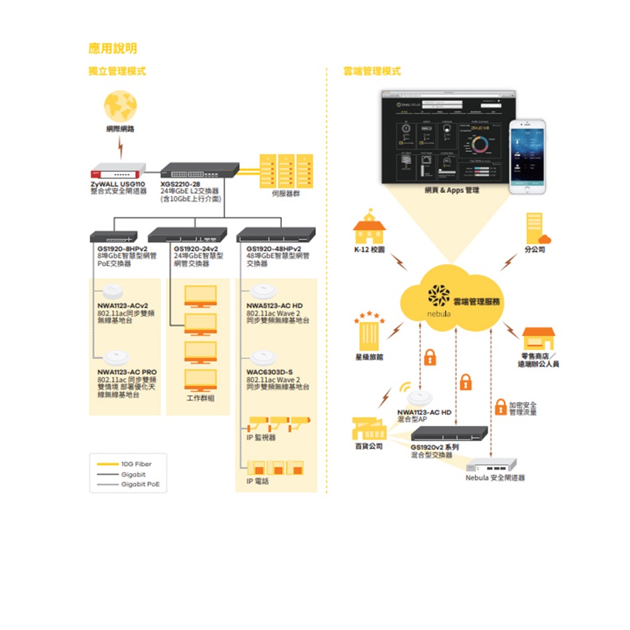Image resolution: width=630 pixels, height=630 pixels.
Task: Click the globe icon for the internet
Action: tap(120, 105)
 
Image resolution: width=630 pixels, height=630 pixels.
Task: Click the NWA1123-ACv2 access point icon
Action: tap(113, 291)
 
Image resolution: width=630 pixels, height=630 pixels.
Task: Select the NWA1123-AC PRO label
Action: tap(127, 371)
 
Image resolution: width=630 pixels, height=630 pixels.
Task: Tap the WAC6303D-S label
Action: tap(269, 371)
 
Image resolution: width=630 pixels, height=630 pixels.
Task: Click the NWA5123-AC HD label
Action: tap(274, 305)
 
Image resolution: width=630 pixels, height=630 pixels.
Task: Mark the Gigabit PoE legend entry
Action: tap(140, 484)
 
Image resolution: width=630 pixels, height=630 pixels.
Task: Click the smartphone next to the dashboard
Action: tap(527, 157)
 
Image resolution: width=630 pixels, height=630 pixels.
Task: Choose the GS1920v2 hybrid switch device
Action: tap(449, 433)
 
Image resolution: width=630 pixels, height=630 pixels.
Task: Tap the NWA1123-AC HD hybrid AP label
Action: tap(424, 412)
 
